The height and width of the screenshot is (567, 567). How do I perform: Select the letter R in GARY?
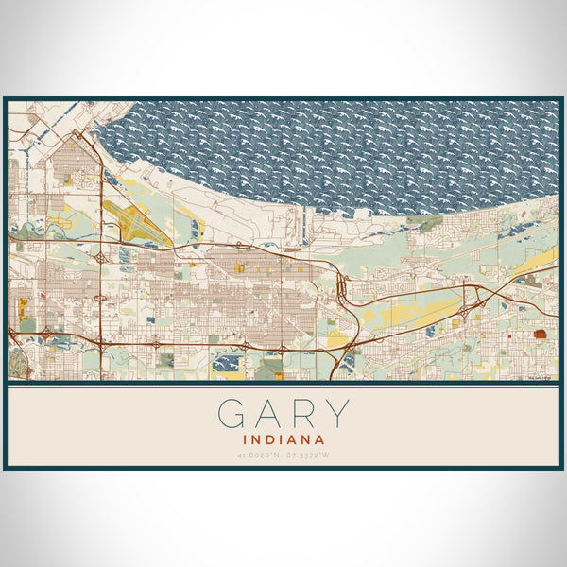coord(303,413)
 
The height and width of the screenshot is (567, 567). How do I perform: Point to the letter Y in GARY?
coord(337,413)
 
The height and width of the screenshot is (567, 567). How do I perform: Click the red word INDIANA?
coord(283,439)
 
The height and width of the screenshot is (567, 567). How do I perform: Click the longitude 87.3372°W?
coord(309,455)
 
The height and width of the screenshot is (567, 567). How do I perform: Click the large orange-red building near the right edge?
coord(541,334)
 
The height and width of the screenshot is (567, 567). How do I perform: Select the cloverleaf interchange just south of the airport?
coord(100,257)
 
